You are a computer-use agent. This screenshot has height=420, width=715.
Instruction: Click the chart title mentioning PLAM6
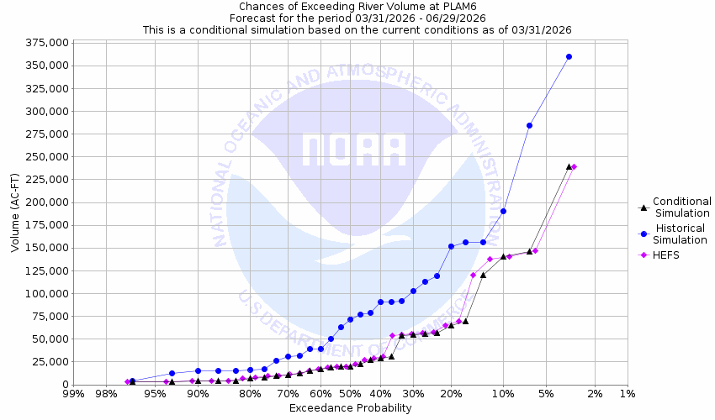[357, 6]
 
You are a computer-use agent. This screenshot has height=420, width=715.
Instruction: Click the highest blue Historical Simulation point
[569, 56]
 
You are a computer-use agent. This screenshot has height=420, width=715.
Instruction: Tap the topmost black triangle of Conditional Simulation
[569, 166]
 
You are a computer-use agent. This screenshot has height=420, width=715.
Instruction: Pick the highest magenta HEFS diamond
[575, 166]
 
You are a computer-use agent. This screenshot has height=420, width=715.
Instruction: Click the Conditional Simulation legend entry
[681, 207]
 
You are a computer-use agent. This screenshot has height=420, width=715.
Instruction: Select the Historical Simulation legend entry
[681, 234]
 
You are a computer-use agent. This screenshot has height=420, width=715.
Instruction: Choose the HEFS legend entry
[665, 255]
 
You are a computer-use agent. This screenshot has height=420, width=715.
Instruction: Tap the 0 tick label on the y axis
[64, 385]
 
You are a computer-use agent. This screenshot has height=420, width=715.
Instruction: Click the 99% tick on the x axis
[73, 394]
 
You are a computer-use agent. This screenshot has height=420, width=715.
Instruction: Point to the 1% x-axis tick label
[627, 394]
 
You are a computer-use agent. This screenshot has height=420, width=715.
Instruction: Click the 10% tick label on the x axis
[503, 394]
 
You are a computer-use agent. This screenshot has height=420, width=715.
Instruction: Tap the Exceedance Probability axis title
[350, 408]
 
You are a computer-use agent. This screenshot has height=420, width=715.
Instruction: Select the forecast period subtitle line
[357, 18]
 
